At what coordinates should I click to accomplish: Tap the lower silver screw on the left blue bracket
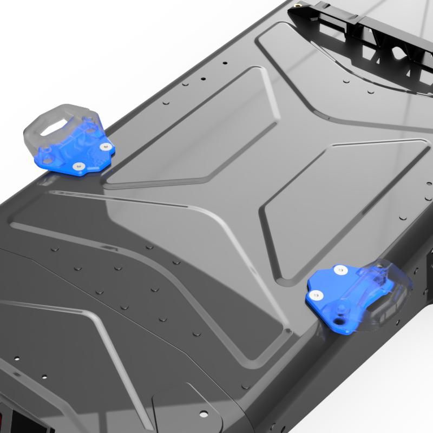(78, 166)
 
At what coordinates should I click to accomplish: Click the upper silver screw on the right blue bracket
(340, 269)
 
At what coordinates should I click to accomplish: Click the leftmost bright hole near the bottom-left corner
(17, 358)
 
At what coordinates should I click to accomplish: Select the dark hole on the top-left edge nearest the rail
(204, 79)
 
